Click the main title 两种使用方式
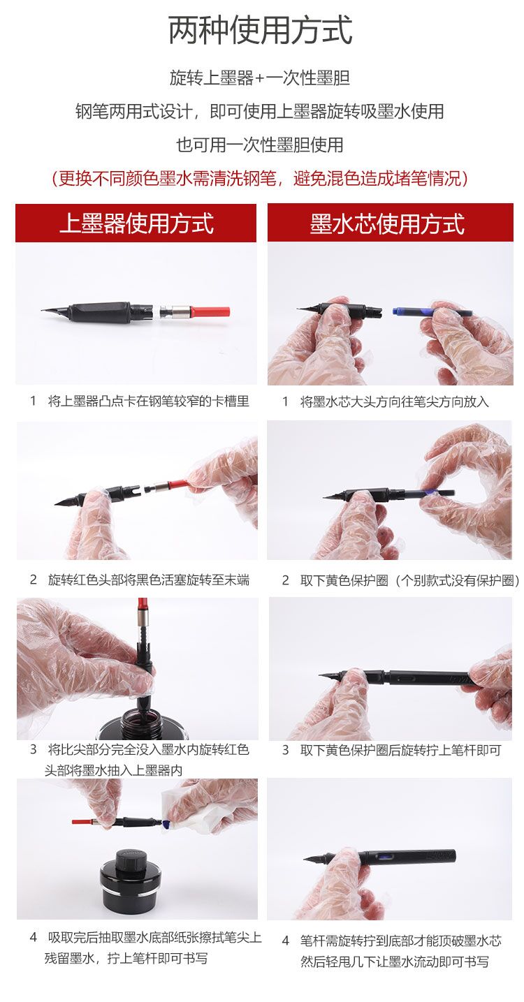(x=261, y=31)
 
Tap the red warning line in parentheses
(x=260, y=178)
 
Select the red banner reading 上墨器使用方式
(x=136, y=223)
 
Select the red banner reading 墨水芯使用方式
(x=390, y=223)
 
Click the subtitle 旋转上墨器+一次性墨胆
(x=260, y=78)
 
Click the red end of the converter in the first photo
(x=210, y=311)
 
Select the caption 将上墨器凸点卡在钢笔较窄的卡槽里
(x=149, y=401)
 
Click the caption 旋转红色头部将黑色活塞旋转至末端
(x=149, y=580)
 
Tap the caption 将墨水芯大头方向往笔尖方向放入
(x=395, y=401)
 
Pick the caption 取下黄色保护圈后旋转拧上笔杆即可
(x=400, y=750)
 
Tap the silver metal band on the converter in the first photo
(x=179, y=311)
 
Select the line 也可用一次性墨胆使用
(x=260, y=145)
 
